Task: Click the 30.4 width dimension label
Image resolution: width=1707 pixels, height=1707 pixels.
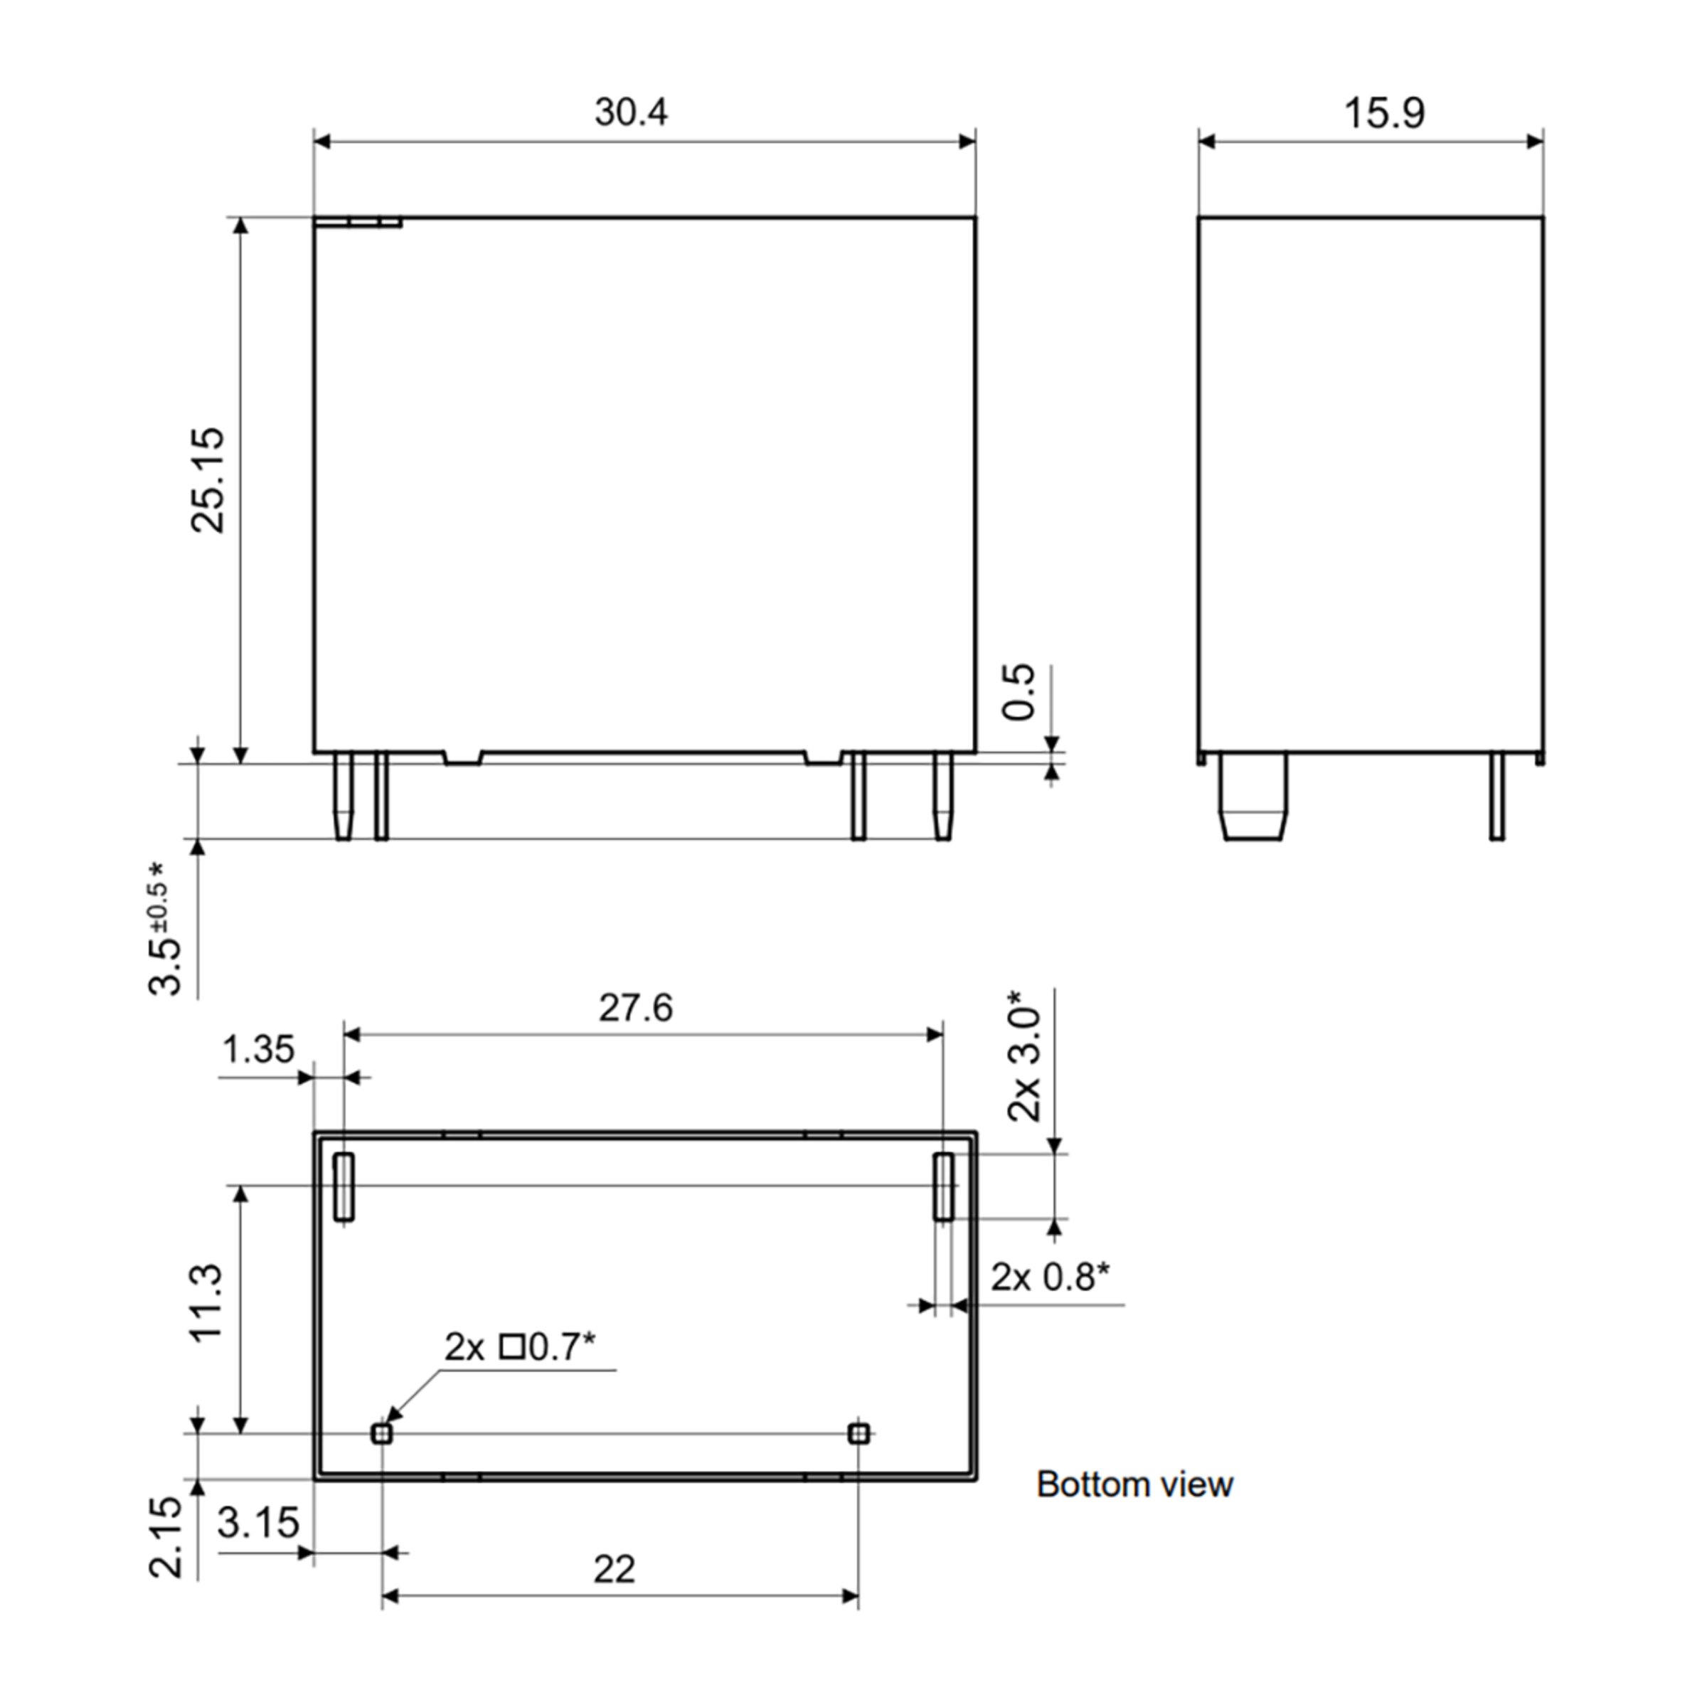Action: (631, 112)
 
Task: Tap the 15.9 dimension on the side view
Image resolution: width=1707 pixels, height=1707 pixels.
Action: (1385, 113)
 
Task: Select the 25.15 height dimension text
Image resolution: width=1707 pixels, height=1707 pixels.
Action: (208, 481)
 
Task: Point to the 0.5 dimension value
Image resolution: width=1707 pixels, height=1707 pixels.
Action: (1019, 692)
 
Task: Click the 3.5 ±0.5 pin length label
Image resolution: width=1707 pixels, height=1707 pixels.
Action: (164, 927)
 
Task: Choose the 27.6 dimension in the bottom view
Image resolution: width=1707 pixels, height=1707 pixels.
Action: (635, 1007)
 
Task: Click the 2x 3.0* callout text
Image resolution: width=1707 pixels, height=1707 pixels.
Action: (1025, 1055)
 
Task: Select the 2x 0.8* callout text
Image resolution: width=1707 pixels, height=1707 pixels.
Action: (1050, 1277)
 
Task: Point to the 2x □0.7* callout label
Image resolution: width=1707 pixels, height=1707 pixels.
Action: (519, 1346)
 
